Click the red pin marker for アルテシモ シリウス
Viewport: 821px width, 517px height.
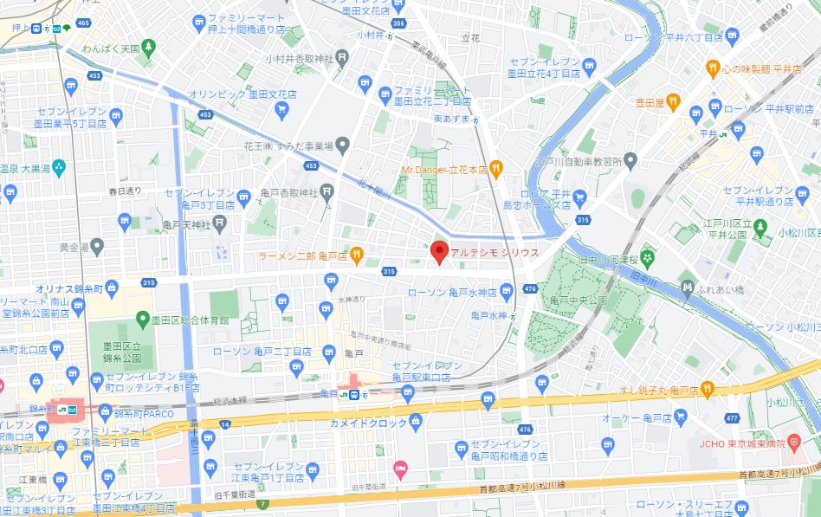click(x=439, y=251)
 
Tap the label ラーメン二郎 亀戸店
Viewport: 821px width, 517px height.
click(x=302, y=255)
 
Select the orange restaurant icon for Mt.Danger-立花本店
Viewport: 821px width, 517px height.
click(x=495, y=168)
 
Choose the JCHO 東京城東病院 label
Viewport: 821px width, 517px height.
click(x=739, y=443)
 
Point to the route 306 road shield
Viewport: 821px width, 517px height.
click(x=398, y=24)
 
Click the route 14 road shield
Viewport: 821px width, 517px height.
click(x=226, y=423)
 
